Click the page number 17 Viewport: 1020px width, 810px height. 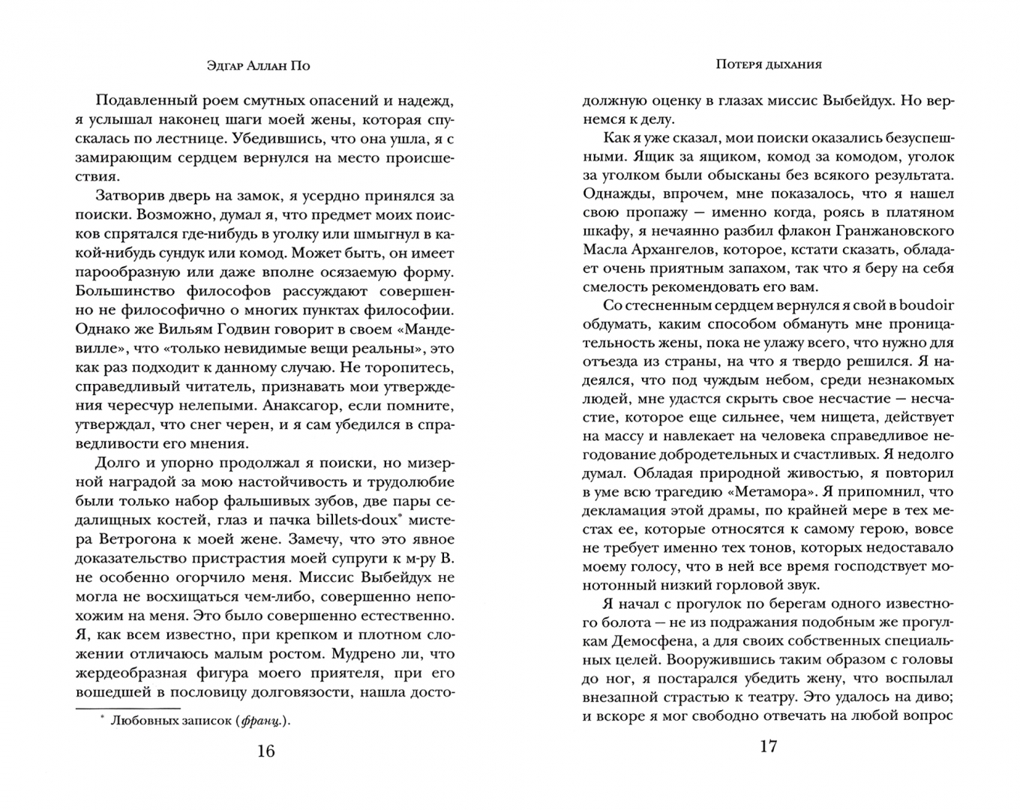coord(768,747)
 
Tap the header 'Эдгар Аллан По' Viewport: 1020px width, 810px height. coord(258,65)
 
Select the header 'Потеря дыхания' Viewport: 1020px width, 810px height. coord(768,64)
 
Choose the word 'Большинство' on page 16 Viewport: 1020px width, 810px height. coord(124,291)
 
